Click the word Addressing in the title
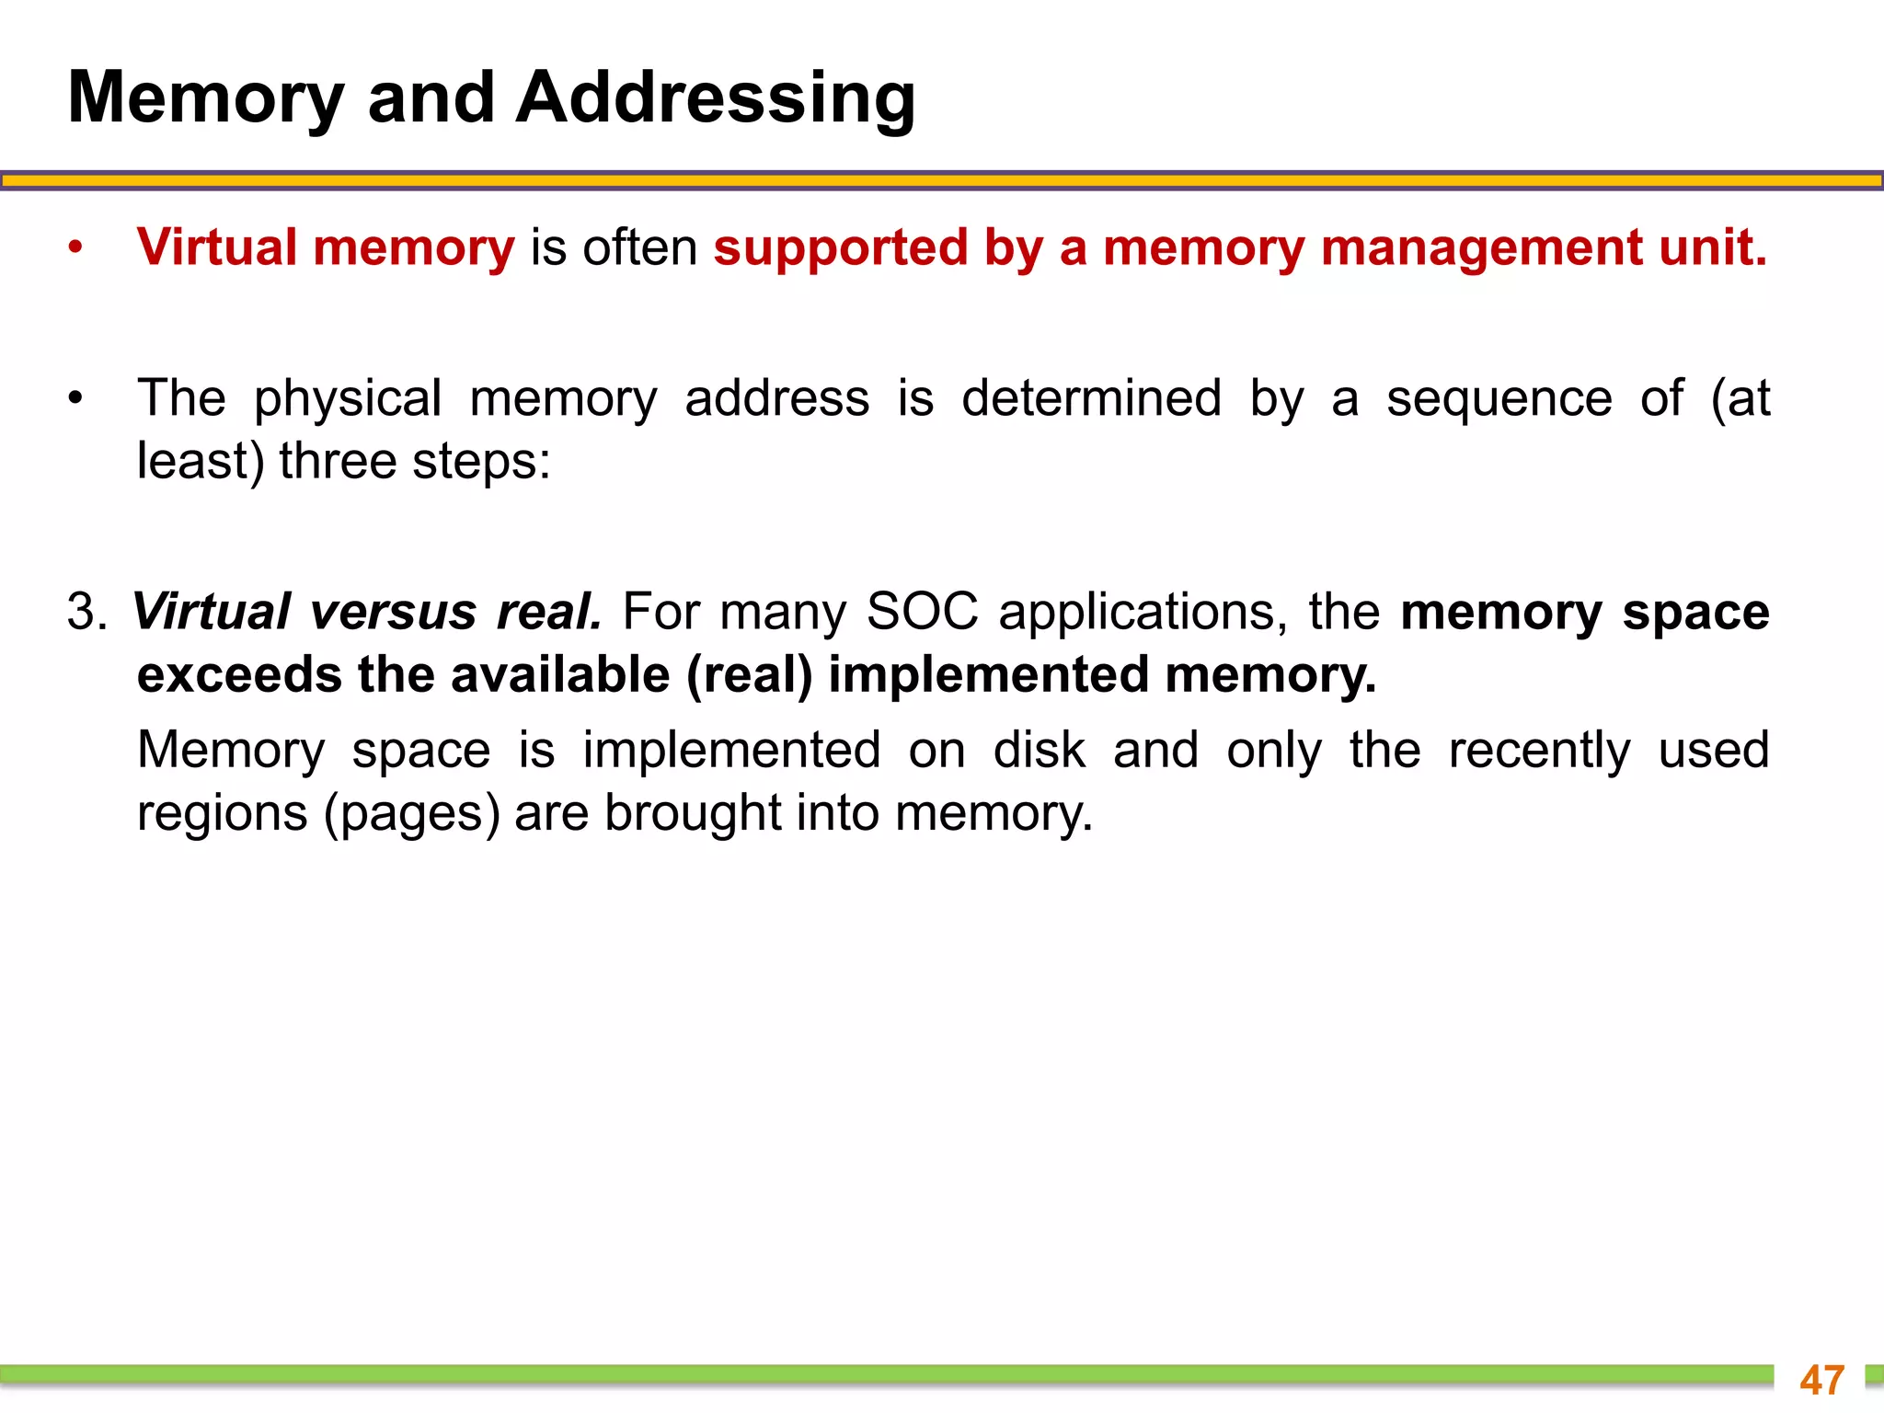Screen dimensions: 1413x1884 point(715,98)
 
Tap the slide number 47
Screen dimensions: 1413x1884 point(1822,1380)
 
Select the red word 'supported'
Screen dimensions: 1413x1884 point(841,248)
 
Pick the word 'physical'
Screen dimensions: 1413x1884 point(348,399)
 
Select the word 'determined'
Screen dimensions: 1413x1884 point(1091,399)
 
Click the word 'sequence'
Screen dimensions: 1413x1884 point(1499,399)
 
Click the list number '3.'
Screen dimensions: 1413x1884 point(86,612)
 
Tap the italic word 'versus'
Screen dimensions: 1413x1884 point(393,612)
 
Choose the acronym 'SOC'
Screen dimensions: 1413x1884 point(923,612)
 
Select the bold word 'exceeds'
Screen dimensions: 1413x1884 point(239,675)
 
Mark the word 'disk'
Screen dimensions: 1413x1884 point(1040,751)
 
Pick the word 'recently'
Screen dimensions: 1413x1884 point(1539,751)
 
